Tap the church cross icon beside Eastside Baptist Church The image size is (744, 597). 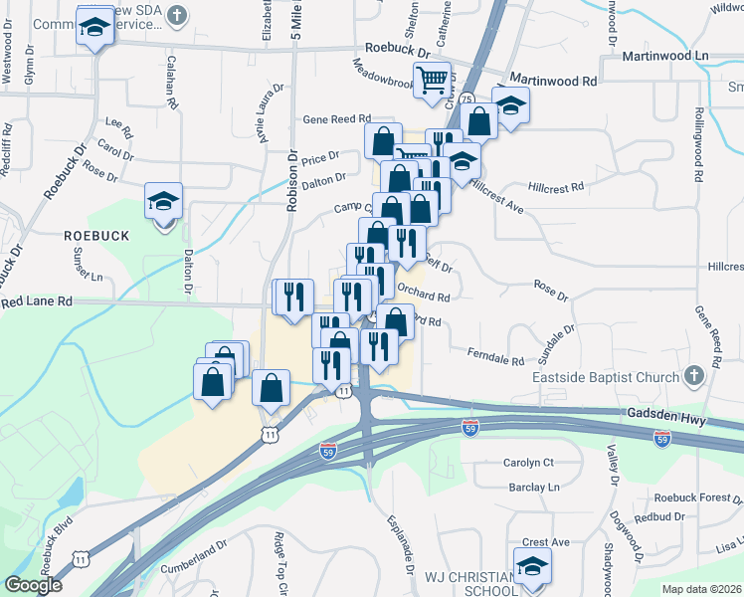click(x=694, y=377)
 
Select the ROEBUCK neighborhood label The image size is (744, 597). click(x=96, y=235)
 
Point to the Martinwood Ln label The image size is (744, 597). click(x=671, y=56)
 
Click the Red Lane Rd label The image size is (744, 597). click(x=37, y=299)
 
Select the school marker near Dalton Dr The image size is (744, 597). click(x=163, y=202)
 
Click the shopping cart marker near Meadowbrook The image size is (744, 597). click(x=433, y=80)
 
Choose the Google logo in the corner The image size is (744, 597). click(x=33, y=585)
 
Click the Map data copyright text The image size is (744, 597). click(x=701, y=589)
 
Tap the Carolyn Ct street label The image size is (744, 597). click(x=527, y=463)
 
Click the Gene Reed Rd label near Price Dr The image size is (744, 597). click(x=337, y=117)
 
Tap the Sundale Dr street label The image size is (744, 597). click(x=560, y=342)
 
